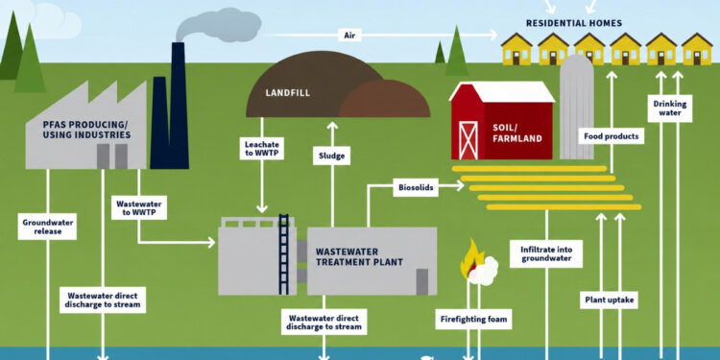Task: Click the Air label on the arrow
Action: pyautogui.click(x=349, y=35)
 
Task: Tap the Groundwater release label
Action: pyautogui.click(x=47, y=227)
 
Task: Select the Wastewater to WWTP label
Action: pyautogui.click(x=138, y=207)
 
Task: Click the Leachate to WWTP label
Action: pyautogui.click(x=262, y=148)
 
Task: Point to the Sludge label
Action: pyautogui.click(x=331, y=156)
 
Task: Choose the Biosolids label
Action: pyautogui.click(x=416, y=187)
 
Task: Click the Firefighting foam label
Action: pyautogui.click(x=473, y=319)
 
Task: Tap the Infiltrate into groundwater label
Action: pyautogui.click(x=546, y=254)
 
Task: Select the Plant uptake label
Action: pyautogui.click(x=610, y=300)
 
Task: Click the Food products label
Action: pyautogui.click(x=611, y=136)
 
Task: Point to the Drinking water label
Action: pyautogui.click(x=670, y=108)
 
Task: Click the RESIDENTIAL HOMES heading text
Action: pyautogui.click(x=574, y=23)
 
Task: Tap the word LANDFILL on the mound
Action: pyautogui.click(x=287, y=93)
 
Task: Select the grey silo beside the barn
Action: pyautogui.click(x=577, y=107)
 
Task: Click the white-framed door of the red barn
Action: pyautogui.click(x=468, y=140)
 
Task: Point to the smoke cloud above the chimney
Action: pyautogui.click(x=219, y=25)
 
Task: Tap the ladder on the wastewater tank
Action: pyautogui.click(x=284, y=254)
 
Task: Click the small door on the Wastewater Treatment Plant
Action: pyautogui.click(x=422, y=281)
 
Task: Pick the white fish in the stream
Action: pyautogui.click(x=427, y=356)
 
